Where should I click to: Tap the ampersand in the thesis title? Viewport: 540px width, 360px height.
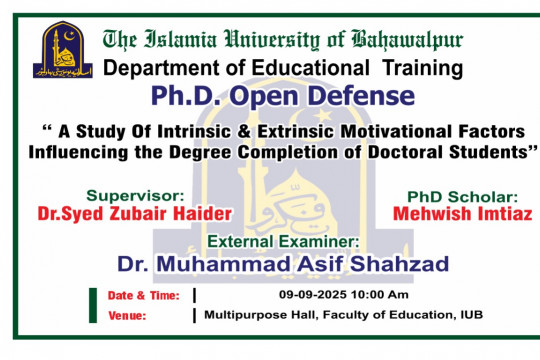(270, 133)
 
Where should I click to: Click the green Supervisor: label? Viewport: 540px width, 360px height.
(134, 195)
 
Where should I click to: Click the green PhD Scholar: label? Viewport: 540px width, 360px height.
(461, 196)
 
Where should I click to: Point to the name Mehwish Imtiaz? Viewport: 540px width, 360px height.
(462, 213)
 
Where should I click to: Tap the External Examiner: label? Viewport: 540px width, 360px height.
(282, 242)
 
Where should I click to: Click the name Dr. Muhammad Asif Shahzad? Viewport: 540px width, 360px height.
(283, 264)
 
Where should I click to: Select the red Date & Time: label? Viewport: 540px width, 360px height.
(143, 296)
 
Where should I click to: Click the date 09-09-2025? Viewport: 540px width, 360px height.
(314, 295)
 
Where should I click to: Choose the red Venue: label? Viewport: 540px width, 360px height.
(127, 316)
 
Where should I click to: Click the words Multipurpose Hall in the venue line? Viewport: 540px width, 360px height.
(247, 315)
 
